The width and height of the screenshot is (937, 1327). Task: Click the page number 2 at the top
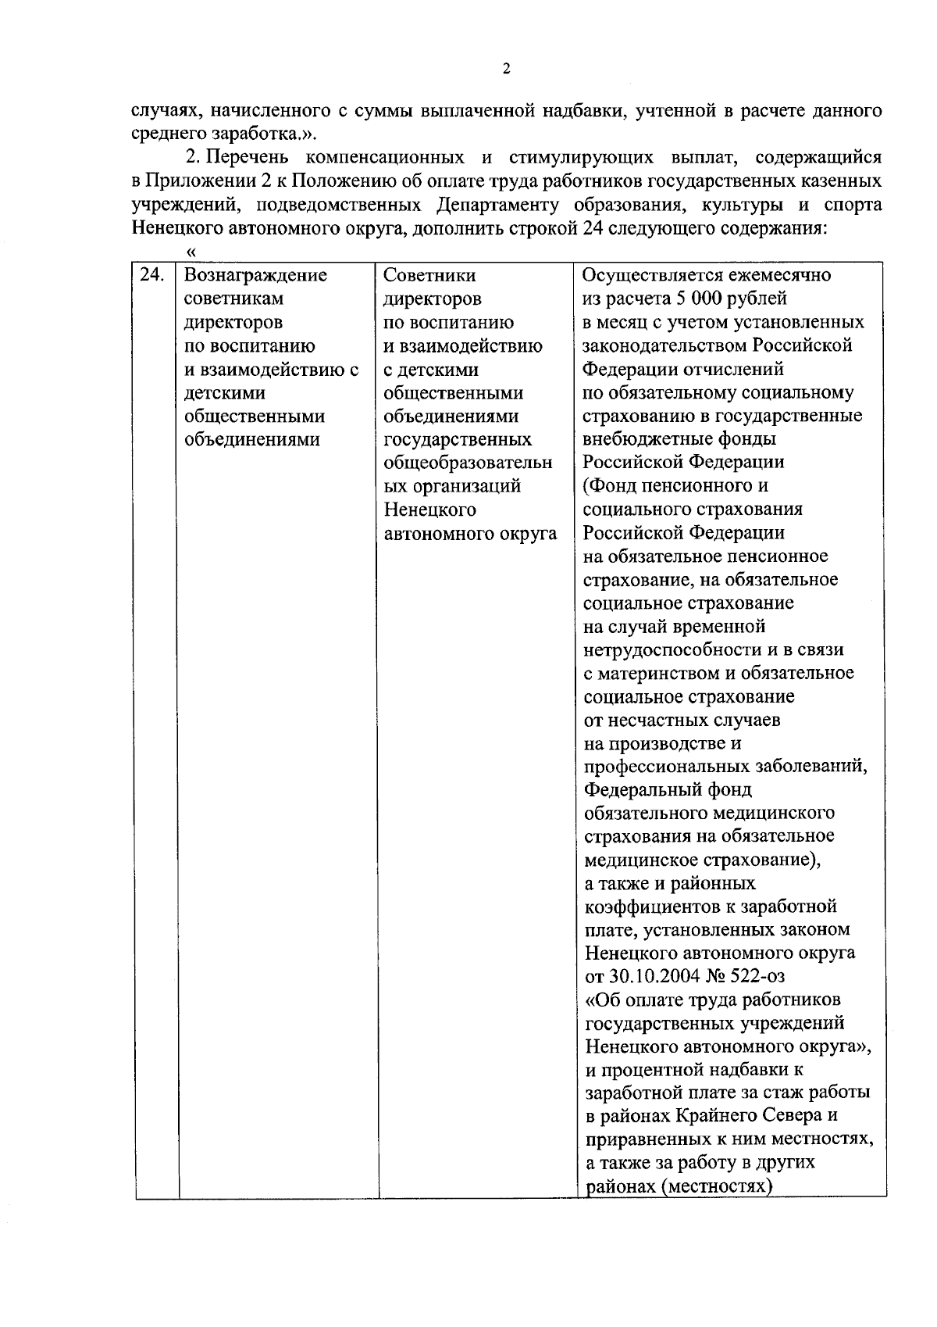506,70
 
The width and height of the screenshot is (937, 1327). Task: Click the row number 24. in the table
152,275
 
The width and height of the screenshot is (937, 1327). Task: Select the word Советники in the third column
430,276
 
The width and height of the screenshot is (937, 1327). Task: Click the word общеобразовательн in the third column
468,463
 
